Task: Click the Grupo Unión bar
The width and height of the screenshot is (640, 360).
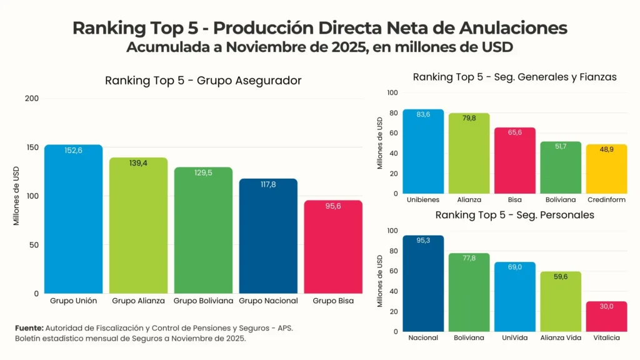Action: (73, 219)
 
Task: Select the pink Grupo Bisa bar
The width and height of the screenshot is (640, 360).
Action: (333, 247)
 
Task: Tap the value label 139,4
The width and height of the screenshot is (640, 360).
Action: (138, 163)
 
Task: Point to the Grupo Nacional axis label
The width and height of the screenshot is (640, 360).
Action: (268, 301)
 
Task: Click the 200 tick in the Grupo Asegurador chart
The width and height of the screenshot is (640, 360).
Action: (32, 98)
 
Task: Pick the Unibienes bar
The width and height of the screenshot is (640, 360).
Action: (423, 151)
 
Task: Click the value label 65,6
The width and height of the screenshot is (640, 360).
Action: (514, 134)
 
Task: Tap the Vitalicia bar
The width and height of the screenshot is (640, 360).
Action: (606, 316)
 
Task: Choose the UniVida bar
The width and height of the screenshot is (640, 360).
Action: (514, 297)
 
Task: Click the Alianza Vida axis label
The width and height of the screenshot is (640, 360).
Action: (561, 337)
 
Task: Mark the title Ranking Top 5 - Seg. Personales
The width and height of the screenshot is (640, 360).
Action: (514, 215)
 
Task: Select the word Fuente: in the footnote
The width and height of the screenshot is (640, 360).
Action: (29, 327)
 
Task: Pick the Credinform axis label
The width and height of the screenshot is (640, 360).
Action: (606, 199)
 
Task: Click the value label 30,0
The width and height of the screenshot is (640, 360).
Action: (606, 307)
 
